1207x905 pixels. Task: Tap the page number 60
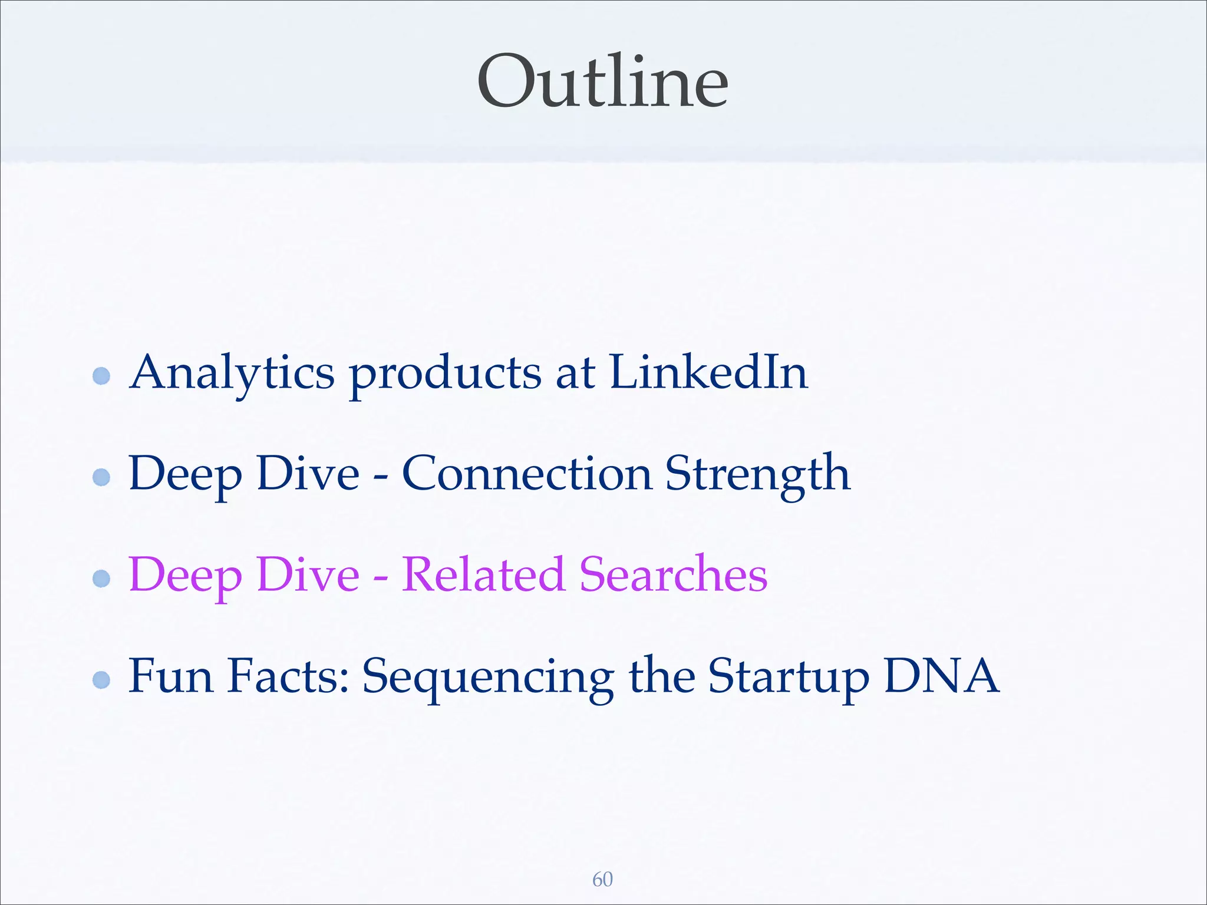coord(602,879)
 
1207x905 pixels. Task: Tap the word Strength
coord(758,474)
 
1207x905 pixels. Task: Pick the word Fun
coord(171,676)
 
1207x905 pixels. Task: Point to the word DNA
coord(941,676)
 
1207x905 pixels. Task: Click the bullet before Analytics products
coord(102,376)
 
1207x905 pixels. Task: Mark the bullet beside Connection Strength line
coord(102,477)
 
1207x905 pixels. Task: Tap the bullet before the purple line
coord(102,579)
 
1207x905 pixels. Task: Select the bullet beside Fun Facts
coord(102,680)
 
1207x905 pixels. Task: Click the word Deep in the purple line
coord(185,576)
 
